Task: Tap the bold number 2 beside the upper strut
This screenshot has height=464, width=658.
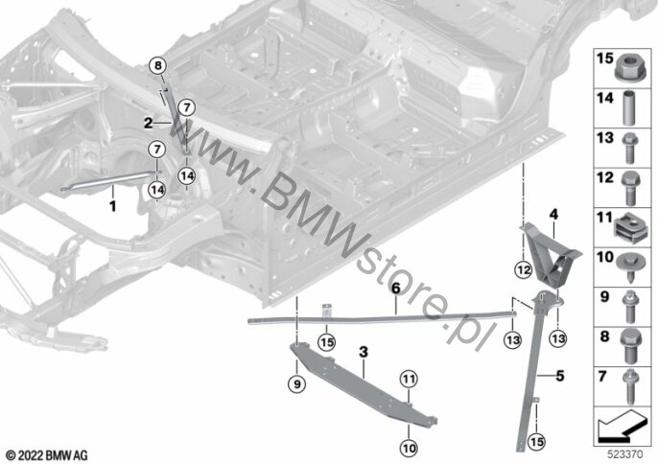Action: point(148,123)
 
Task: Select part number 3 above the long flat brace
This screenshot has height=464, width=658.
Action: point(364,354)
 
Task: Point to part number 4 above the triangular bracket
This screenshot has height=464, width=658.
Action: point(552,213)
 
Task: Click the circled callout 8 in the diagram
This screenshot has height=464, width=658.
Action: point(158,66)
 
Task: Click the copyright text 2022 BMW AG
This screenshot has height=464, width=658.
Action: point(47,452)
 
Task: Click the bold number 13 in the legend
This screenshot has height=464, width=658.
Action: point(603,137)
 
